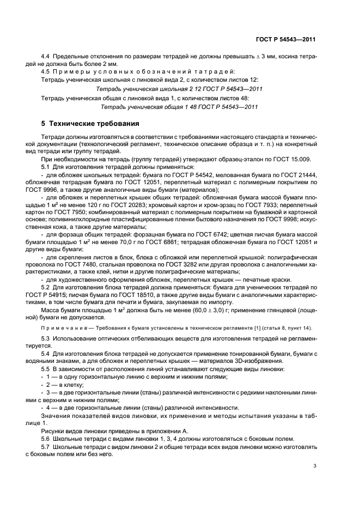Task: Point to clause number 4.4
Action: (46, 57)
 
